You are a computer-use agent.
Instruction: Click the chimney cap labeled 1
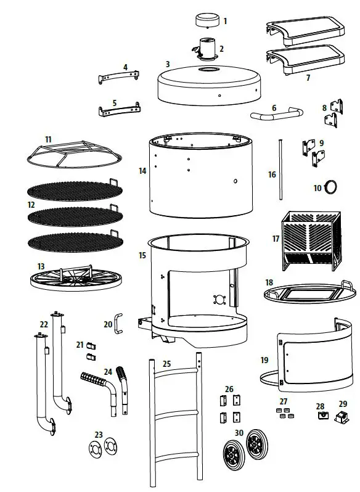click(208, 20)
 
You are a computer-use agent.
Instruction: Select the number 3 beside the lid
click(167, 64)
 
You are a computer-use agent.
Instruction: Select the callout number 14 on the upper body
click(142, 171)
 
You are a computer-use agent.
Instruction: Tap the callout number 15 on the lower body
click(142, 255)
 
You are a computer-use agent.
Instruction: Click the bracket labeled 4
click(118, 77)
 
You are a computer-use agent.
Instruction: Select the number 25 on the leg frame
click(166, 364)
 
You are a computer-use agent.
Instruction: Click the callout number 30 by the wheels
click(239, 433)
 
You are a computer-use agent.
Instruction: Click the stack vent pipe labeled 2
click(206, 47)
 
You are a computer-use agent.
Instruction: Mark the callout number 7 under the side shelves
click(308, 78)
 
